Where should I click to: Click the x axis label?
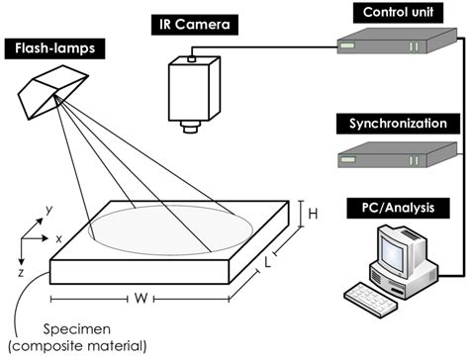click(60, 239)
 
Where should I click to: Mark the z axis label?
click(22, 269)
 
